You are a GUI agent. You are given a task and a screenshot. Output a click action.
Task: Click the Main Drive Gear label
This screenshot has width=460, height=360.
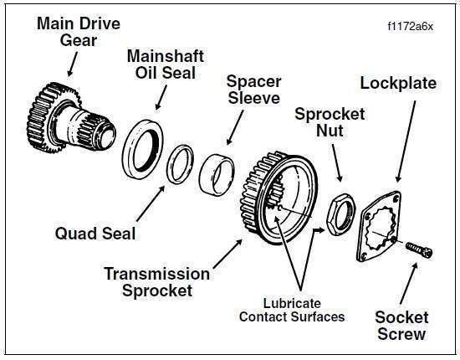click(79, 32)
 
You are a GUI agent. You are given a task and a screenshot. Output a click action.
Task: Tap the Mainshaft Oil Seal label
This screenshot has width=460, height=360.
click(166, 64)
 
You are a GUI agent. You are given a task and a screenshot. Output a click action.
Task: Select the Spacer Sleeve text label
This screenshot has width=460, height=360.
click(254, 90)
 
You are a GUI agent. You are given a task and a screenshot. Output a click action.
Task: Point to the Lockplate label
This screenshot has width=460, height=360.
click(398, 83)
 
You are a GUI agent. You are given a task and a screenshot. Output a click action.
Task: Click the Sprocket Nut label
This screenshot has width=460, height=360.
click(330, 122)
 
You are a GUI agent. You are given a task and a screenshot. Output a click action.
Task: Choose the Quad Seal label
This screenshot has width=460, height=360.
click(95, 234)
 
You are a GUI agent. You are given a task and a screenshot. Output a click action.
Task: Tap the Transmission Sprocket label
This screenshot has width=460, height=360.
click(157, 282)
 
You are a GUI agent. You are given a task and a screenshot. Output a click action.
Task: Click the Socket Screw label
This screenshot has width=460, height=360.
click(401, 326)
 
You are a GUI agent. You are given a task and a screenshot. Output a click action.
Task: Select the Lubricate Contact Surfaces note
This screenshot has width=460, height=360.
click(292, 310)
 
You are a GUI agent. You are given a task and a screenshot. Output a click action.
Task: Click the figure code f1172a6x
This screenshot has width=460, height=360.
click(410, 27)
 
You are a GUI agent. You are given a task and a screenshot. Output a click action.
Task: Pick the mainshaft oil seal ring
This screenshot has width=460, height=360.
click(143, 149)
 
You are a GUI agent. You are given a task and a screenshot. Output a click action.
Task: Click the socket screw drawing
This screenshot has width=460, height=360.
click(419, 249)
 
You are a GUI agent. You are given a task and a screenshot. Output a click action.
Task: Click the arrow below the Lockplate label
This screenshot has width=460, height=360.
click(406, 141)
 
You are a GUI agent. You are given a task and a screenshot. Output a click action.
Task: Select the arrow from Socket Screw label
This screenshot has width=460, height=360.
click(409, 283)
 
